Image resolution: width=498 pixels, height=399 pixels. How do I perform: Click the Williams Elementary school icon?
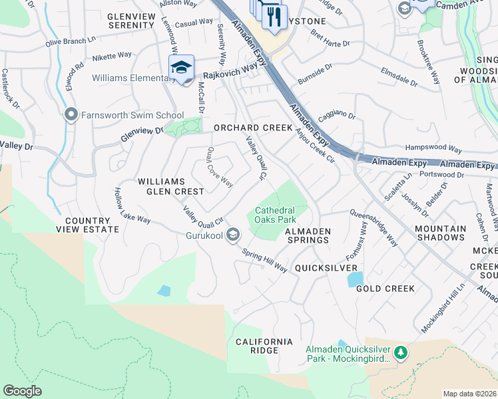(x=181, y=68)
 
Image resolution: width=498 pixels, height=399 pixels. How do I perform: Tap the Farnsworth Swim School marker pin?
(x=71, y=115)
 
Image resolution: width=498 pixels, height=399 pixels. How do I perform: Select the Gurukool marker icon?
(x=233, y=234)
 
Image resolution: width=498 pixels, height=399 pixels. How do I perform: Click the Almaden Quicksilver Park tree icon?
(x=400, y=352)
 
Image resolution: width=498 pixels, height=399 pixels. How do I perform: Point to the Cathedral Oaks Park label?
(x=274, y=215)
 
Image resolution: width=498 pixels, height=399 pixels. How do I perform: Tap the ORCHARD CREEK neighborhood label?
(x=253, y=128)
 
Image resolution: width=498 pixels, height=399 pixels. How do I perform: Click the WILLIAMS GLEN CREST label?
(x=170, y=186)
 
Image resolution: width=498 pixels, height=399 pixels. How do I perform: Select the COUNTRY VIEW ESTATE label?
(x=92, y=225)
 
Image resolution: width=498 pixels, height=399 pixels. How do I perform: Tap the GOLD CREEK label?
(x=385, y=289)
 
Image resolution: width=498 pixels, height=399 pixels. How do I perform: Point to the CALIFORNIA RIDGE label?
(x=264, y=346)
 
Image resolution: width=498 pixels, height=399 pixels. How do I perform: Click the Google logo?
(x=23, y=391)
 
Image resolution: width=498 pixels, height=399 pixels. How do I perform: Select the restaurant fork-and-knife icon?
(x=274, y=17)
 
